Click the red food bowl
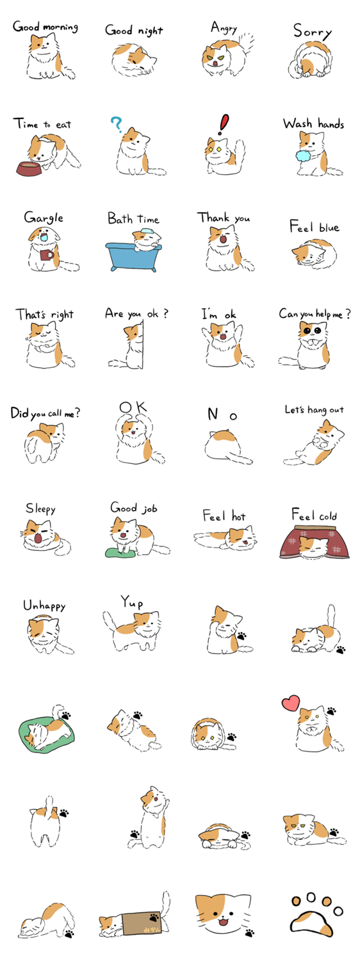click(x=30, y=168)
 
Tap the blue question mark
click(x=116, y=124)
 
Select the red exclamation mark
click(x=224, y=124)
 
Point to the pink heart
click(x=291, y=702)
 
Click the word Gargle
click(x=44, y=218)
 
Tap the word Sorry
click(x=313, y=31)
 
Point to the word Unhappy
click(x=44, y=605)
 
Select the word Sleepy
click(x=40, y=509)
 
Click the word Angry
click(x=224, y=28)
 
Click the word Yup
click(x=132, y=602)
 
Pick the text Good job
click(x=134, y=508)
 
